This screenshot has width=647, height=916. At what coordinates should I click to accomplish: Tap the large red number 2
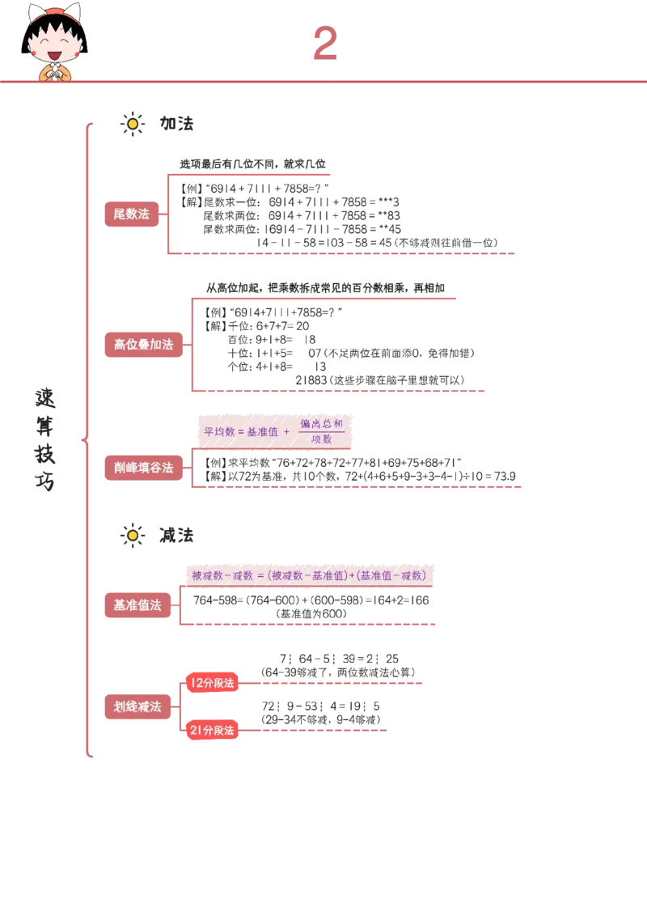tap(325, 44)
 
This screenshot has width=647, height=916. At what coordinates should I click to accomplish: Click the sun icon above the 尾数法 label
tap(132, 124)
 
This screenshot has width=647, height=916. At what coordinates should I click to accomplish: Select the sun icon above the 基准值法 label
tap(132, 536)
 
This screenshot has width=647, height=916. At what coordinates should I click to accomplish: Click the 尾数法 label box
tap(132, 214)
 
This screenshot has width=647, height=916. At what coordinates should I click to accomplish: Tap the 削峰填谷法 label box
tap(144, 468)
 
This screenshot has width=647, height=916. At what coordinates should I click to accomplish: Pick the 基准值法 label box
tap(137, 604)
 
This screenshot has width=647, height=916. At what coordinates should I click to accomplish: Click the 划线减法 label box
tap(137, 706)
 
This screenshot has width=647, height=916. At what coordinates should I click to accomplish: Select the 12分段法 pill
tap(213, 683)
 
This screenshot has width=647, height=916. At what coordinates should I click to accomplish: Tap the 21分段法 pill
tap(213, 730)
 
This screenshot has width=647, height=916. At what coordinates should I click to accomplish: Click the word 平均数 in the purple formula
tap(218, 432)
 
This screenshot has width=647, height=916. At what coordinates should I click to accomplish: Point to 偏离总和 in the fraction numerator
tap(322, 423)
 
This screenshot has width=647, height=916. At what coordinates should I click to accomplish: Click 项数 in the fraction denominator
tap(322, 439)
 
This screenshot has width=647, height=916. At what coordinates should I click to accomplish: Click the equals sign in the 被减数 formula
tap(260, 576)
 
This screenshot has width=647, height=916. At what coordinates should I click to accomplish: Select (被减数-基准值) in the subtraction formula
tap(307, 576)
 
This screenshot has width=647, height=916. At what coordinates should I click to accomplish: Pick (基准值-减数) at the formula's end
tap(392, 576)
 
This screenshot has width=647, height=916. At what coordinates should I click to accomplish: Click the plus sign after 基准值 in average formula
tap(287, 432)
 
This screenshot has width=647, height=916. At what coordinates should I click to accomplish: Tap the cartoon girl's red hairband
tap(54, 13)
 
